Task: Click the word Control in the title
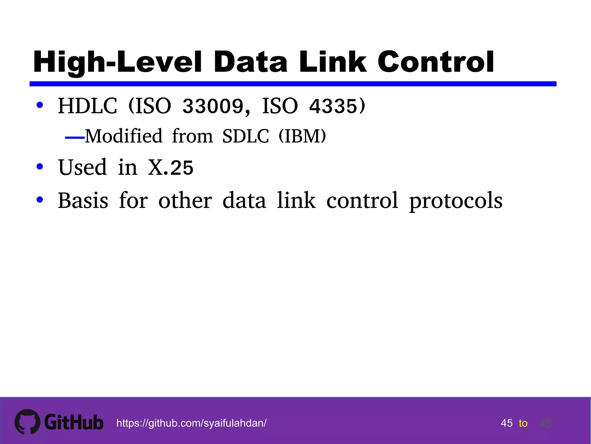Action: tap(436, 62)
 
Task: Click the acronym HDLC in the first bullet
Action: tap(87, 106)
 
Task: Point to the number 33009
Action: tap(213, 106)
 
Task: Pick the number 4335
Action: tap(333, 106)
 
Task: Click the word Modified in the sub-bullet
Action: tap(124, 136)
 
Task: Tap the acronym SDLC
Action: tap(246, 136)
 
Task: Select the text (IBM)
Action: tap(302, 136)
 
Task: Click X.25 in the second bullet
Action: tap(171, 168)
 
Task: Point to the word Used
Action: tap(83, 168)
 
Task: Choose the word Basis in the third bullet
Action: tap(83, 200)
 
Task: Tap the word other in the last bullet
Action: tap(185, 200)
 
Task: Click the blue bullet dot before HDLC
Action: tap(40, 105)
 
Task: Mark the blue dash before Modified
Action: tap(75, 138)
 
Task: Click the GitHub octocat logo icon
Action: tap(27, 422)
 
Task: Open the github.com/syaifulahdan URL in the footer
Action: tap(191, 423)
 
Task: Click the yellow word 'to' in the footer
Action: tap(523, 423)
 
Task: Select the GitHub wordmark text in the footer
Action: tap(74, 422)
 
